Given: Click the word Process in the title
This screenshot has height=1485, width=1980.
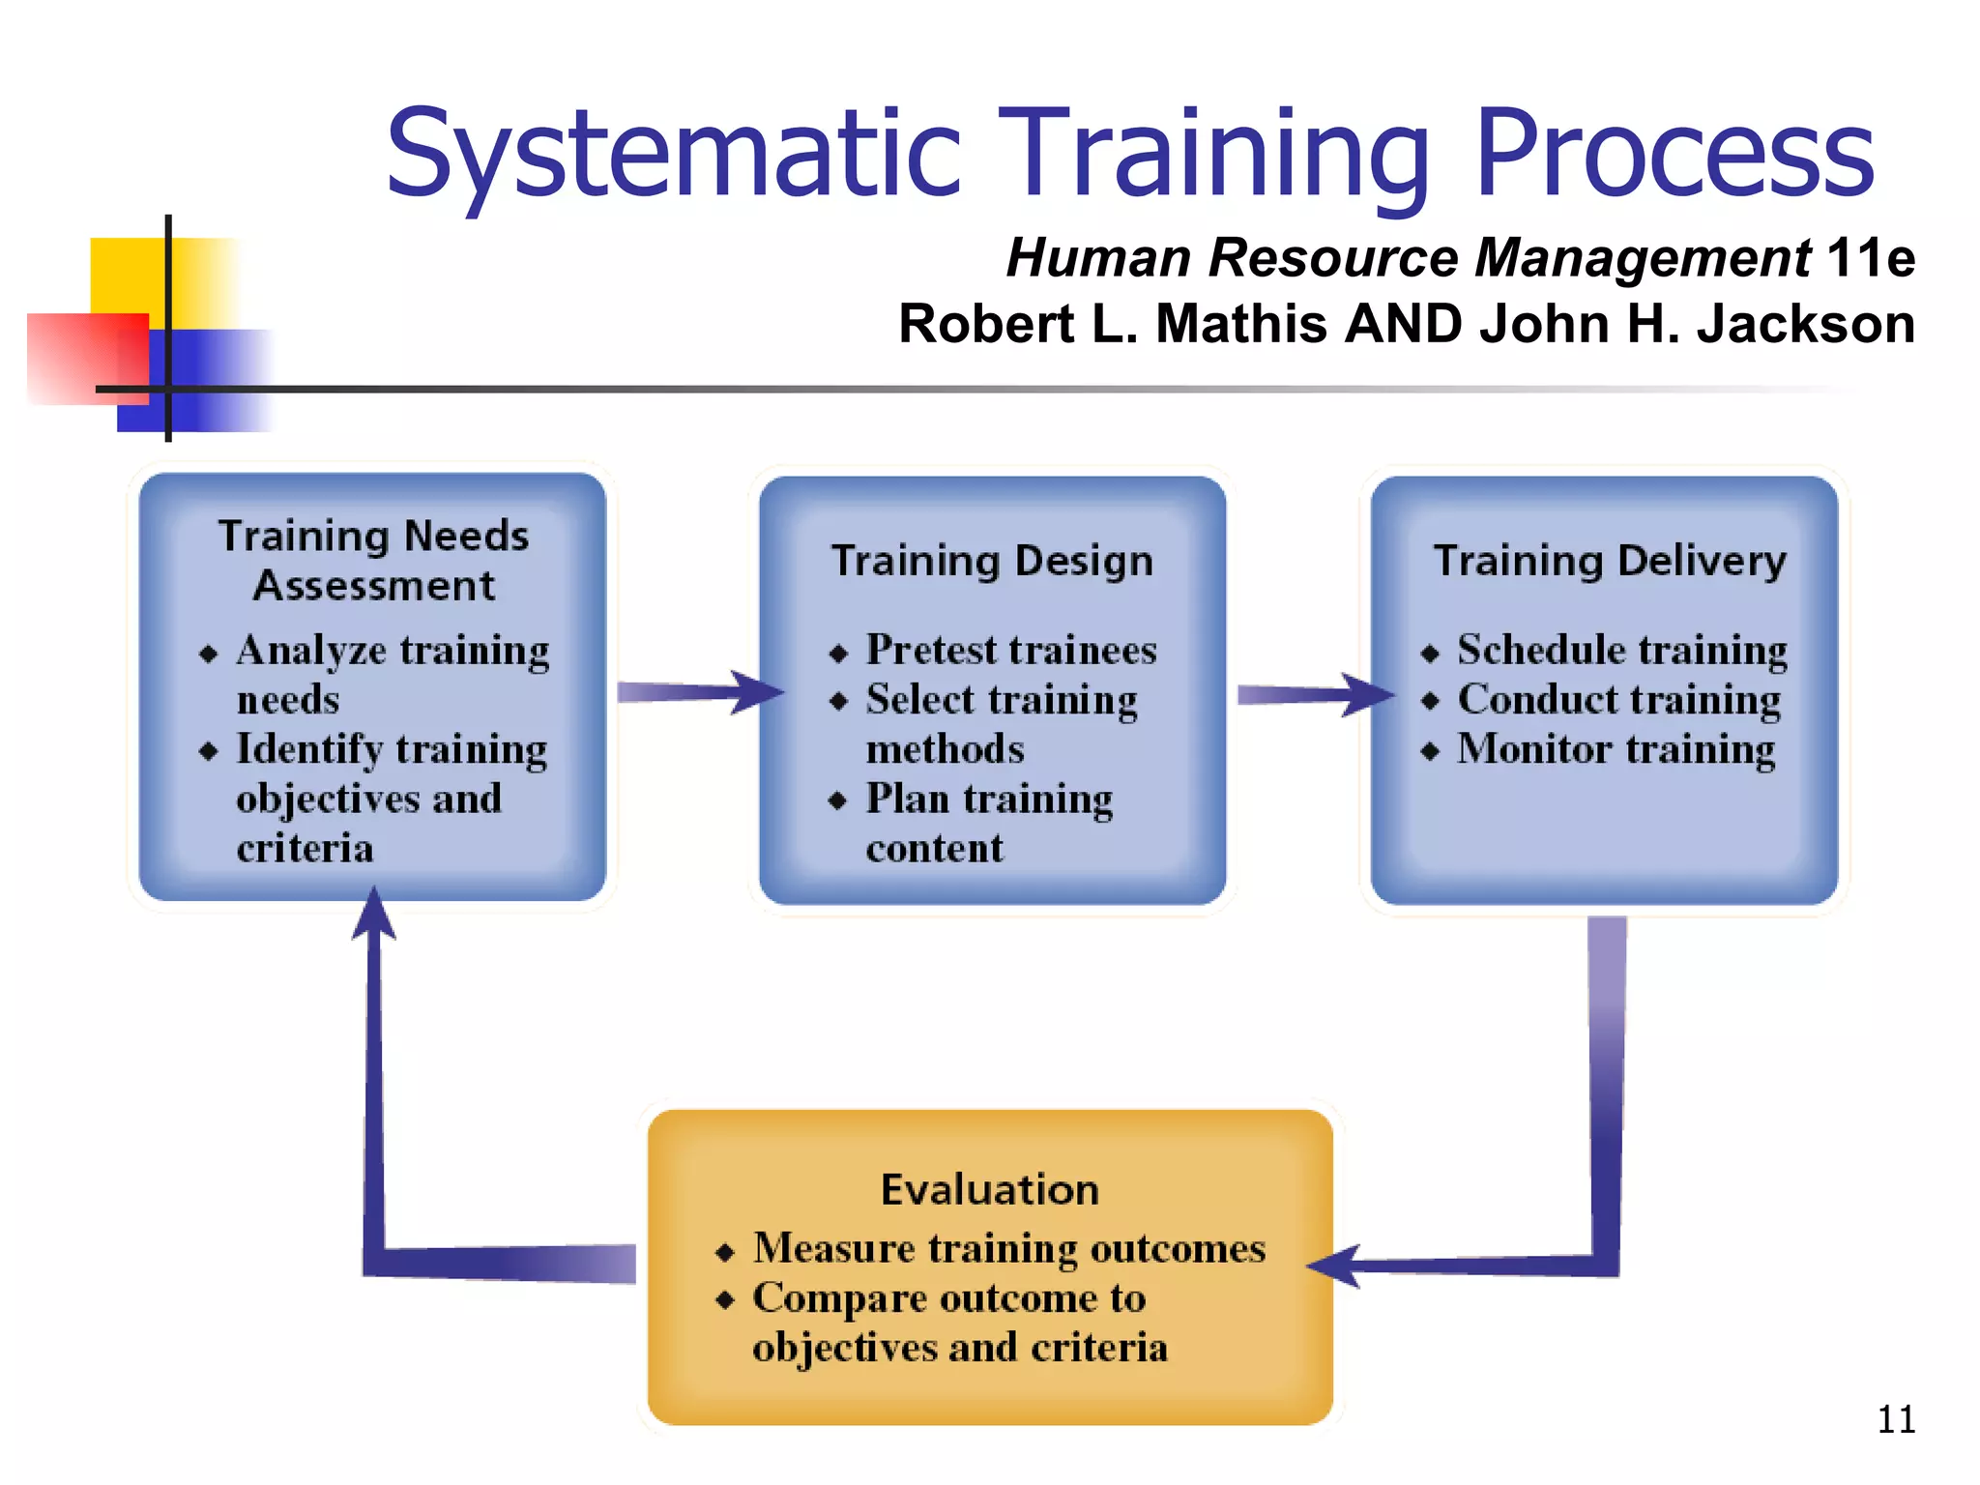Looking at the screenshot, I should pyautogui.click(x=1674, y=155).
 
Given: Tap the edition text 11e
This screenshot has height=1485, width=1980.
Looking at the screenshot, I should pyautogui.click(x=1870, y=258).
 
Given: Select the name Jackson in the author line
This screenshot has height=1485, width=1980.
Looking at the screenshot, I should pyautogui.click(x=1805, y=323).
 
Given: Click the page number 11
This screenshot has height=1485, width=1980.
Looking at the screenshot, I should pyautogui.click(x=1895, y=1419).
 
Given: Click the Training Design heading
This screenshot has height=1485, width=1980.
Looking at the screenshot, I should pyautogui.click(x=992, y=561).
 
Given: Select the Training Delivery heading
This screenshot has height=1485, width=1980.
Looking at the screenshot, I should pyautogui.click(x=1610, y=561).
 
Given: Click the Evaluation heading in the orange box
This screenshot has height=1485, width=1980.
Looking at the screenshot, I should pyautogui.click(x=990, y=1189).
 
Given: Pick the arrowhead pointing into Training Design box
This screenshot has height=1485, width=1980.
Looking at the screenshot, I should pyautogui.click(x=759, y=692).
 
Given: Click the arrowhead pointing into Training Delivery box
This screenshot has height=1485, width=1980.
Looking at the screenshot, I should pyautogui.click(x=1371, y=694).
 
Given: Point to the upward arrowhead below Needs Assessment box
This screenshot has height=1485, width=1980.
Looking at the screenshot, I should pyautogui.click(x=373, y=915).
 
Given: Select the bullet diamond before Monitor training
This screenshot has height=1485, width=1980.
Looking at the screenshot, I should pyautogui.click(x=1431, y=752).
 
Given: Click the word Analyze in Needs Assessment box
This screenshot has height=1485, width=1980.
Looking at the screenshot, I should pyautogui.click(x=310, y=651).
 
